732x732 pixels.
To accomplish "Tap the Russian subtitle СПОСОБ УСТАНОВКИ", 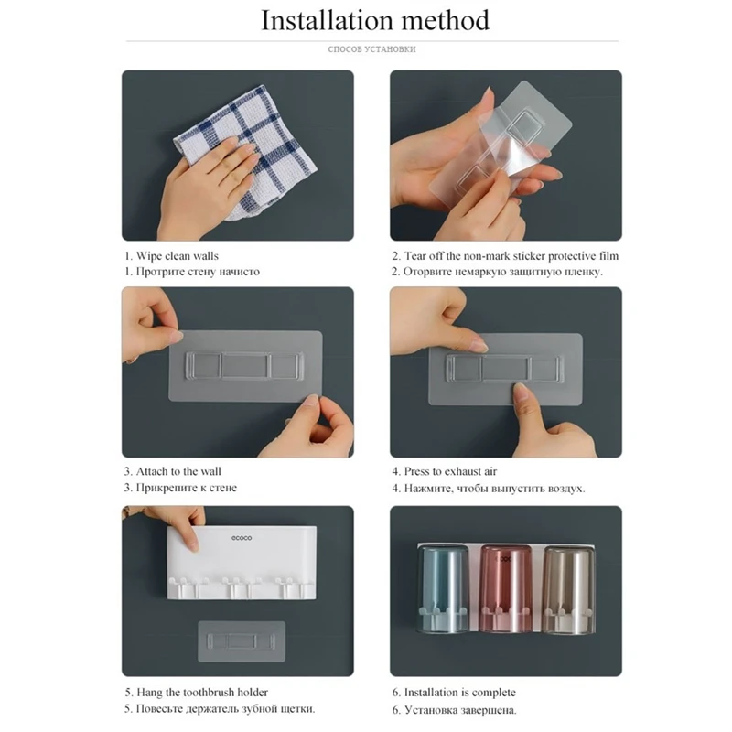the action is [371, 49].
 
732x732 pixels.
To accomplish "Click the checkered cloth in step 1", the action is [247, 152].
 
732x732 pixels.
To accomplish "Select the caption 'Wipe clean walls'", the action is [178, 256].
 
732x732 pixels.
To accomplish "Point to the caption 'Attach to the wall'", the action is [178, 471].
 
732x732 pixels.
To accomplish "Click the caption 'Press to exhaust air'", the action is [450, 471].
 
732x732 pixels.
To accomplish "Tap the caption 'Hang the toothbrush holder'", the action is [202, 693].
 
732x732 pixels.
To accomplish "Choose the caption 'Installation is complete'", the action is [460, 693].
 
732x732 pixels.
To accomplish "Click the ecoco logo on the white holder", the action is [242, 538].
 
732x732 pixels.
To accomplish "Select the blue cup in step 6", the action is [443, 589].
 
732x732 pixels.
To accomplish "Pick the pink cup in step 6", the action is [506, 589].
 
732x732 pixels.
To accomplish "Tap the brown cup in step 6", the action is [568, 589].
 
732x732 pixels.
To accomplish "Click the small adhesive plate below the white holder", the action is [242, 641].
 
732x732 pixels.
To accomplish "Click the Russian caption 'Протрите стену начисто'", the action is [198, 272].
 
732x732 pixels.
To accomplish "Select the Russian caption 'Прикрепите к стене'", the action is [187, 488].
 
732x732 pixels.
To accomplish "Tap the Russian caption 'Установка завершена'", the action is [460, 710].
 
